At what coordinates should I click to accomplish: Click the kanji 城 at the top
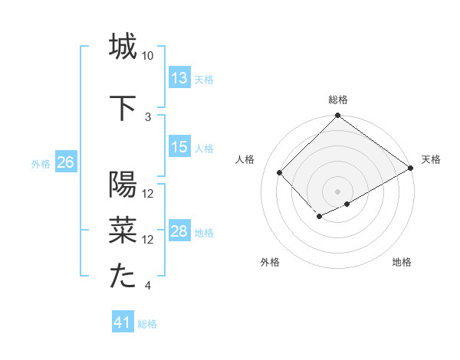click(123, 47)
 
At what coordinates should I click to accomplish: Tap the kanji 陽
click(123, 186)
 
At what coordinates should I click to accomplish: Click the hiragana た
click(123, 277)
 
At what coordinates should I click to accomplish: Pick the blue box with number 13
click(179, 77)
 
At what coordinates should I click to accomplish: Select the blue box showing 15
click(179, 147)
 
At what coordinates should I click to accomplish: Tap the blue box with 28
click(179, 231)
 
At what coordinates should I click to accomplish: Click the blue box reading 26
click(65, 162)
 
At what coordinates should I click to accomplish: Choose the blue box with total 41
click(123, 322)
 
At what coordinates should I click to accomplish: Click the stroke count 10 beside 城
click(148, 57)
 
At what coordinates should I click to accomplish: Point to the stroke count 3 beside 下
click(148, 117)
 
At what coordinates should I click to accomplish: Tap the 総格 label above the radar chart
click(337, 100)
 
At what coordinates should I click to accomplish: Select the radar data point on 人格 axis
click(280, 173)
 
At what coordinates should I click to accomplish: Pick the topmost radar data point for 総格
click(337, 116)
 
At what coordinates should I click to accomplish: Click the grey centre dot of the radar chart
click(337, 190)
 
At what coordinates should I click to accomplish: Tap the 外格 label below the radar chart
click(270, 262)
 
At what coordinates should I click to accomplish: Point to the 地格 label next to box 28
click(204, 232)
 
